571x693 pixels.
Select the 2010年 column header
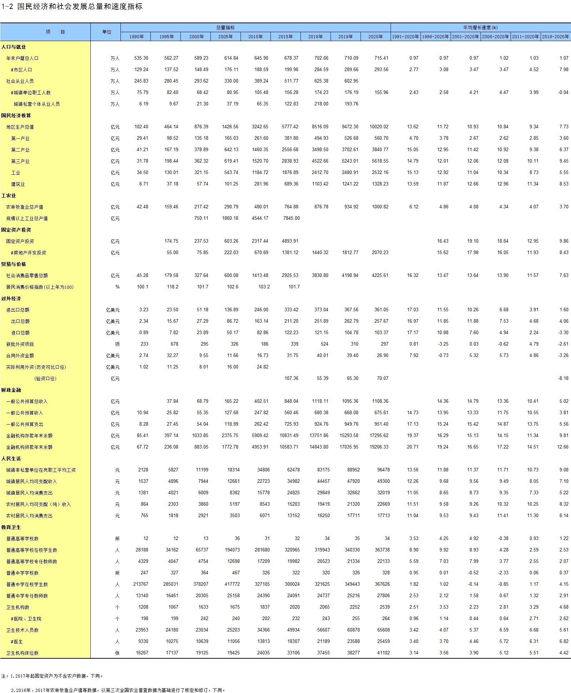tap(255, 36)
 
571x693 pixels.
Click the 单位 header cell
tap(107, 32)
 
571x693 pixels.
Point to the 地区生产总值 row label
tap(20, 127)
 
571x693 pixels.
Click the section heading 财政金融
tap(11, 390)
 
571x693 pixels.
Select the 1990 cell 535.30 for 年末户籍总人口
tap(141, 58)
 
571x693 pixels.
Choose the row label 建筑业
tap(18, 184)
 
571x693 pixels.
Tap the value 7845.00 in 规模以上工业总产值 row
tap(291, 218)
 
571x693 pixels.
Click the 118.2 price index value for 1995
tap(173, 287)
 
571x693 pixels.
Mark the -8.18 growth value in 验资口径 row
tap(563, 378)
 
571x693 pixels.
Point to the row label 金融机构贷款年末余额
tap(29, 447)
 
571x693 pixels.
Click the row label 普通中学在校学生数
tap(27, 584)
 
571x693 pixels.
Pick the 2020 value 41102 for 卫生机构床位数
tap(383, 653)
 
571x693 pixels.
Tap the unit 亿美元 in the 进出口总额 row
tap(113, 310)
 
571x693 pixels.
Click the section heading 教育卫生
tap(11, 527)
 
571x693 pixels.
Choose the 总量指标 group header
tap(225, 28)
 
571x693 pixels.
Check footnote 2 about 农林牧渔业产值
tap(118, 690)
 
